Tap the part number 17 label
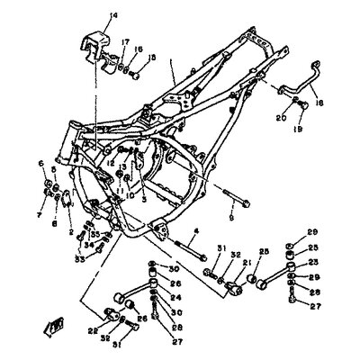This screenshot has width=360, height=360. click(x=125, y=40)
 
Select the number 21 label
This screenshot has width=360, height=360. click(x=247, y=262)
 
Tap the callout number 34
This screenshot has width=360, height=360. click(x=88, y=244)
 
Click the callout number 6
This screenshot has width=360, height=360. click(x=40, y=163)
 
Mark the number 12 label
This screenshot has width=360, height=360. click(x=112, y=163)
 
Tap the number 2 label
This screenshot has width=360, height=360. click(x=71, y=232)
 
